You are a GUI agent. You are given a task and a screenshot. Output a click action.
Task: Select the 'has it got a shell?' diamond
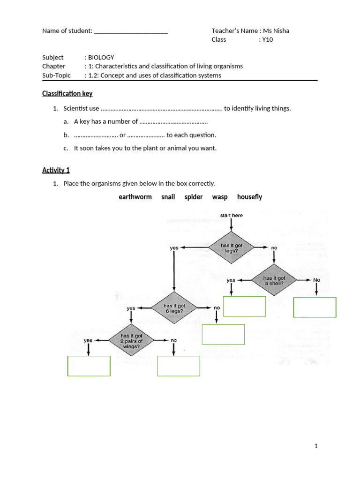pos(274,280)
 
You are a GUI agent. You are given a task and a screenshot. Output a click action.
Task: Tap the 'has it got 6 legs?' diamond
pos(174,308)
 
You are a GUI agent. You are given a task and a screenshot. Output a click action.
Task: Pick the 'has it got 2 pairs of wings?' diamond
pos(131,341)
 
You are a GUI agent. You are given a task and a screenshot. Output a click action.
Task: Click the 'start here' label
pos(232,216)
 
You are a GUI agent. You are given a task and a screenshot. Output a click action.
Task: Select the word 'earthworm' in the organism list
pos(135,197)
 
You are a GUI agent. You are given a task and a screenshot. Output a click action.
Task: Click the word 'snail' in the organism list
pos(168,197)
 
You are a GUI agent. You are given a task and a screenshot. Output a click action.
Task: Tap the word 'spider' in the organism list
pos(194,197)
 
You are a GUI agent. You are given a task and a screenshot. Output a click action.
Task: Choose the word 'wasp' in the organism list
pos(220,197)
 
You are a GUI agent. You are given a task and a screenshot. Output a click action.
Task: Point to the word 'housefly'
pos(249,197)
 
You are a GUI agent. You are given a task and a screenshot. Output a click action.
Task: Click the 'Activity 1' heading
pos(56,170)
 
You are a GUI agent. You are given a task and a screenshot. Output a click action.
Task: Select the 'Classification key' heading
pos(67,94)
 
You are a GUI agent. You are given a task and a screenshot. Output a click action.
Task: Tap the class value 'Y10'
pos(267,39)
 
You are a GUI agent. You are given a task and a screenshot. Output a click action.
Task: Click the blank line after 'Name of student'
pos(131,31)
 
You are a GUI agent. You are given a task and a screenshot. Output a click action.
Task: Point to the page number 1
pos(316,446)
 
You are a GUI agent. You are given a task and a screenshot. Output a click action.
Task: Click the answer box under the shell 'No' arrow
pos(315,307)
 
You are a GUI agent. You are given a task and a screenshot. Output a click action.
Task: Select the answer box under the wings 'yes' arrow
pos(89,366)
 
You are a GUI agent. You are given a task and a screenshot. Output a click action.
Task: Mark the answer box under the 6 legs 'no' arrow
pos(223,334)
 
